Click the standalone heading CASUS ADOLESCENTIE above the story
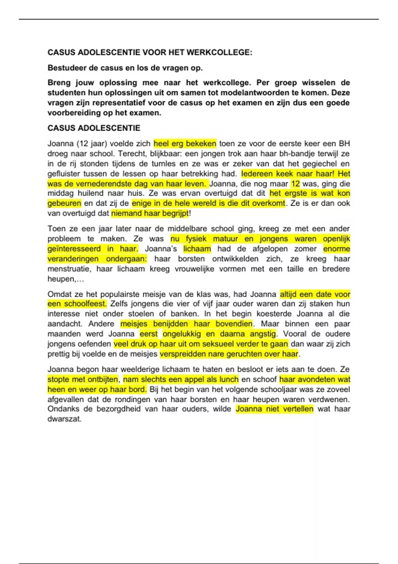94,128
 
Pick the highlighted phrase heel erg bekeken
185,144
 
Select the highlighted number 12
295,183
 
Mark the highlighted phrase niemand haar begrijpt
150,213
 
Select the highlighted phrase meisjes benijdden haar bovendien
186,324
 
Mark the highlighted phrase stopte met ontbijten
83,379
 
